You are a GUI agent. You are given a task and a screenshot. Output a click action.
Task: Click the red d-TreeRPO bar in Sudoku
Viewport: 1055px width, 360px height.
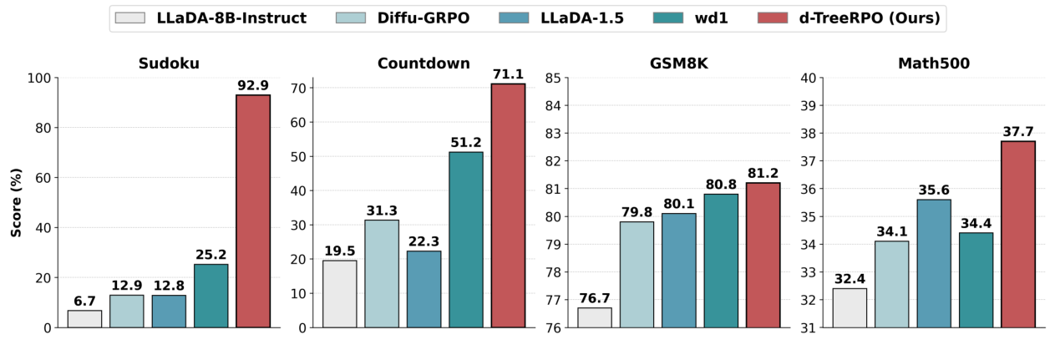(253, 211)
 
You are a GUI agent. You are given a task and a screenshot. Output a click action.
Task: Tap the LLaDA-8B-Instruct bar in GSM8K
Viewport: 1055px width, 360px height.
(595, 317)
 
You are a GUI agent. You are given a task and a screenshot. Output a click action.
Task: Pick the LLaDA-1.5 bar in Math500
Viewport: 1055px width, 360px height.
(934, 263)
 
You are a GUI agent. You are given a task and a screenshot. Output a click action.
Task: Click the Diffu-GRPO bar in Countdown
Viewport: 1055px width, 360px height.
(382, 274)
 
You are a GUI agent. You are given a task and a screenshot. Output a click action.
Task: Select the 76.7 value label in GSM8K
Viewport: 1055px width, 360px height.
(595, 298)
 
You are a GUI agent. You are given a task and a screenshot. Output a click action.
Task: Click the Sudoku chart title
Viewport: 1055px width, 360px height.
(170, 63)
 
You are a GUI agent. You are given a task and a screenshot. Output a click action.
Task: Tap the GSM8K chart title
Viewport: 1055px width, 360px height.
(678, 63)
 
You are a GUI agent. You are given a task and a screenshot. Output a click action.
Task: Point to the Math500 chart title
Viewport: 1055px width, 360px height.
(933, 63)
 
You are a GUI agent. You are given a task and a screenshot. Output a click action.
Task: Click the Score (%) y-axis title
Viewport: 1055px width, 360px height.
(16, 203)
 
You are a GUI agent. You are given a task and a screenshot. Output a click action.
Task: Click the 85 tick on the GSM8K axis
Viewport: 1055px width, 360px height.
(552, 79)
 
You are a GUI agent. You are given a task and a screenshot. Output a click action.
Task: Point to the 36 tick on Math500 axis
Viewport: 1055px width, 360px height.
(807, 189)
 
